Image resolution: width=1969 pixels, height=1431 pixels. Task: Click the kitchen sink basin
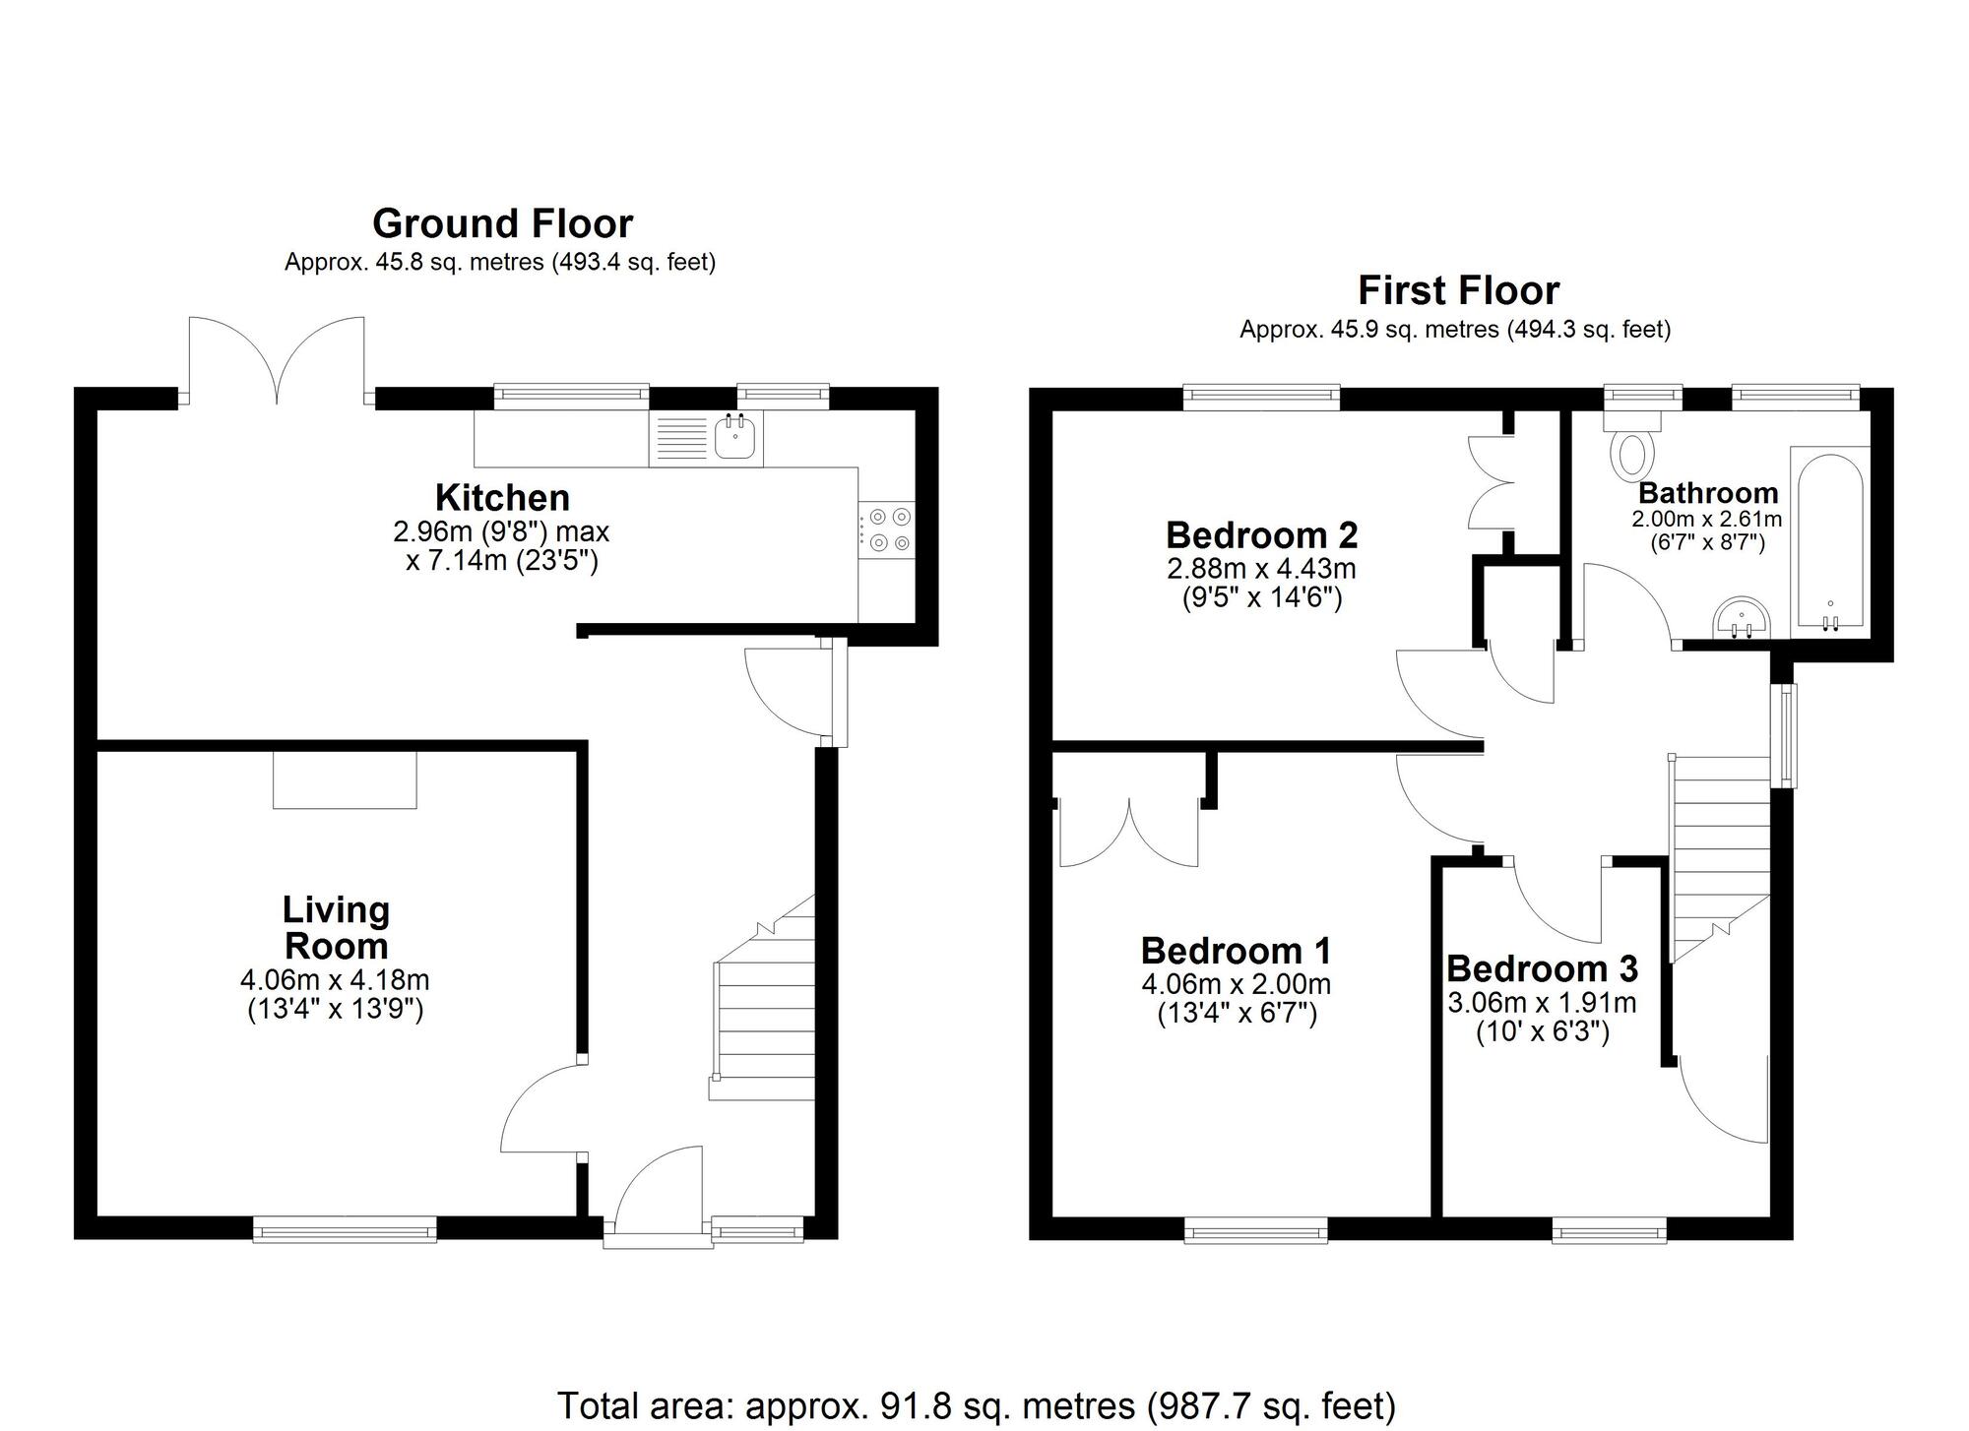734,438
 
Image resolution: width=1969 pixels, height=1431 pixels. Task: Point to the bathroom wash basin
1742,620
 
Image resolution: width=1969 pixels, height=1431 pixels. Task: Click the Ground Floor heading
502,224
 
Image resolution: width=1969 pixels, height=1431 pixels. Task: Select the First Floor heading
1458,291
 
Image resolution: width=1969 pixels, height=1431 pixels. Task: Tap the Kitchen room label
502,497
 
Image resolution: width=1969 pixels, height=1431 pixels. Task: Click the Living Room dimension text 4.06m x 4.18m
335,980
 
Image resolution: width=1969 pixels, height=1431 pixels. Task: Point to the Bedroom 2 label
1261,535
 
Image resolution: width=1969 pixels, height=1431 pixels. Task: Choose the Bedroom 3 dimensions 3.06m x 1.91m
1542,1003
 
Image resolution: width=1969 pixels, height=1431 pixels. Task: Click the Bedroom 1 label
1236,951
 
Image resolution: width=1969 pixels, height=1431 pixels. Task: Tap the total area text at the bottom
977,1405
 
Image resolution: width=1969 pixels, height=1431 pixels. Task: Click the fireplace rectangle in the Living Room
345,779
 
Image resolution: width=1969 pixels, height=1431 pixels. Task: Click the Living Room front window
345,1228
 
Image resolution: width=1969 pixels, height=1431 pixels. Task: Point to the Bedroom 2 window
1261,398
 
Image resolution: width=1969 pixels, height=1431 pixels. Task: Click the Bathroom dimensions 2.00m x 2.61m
1707,519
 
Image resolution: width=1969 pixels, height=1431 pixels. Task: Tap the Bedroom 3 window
1610,1229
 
